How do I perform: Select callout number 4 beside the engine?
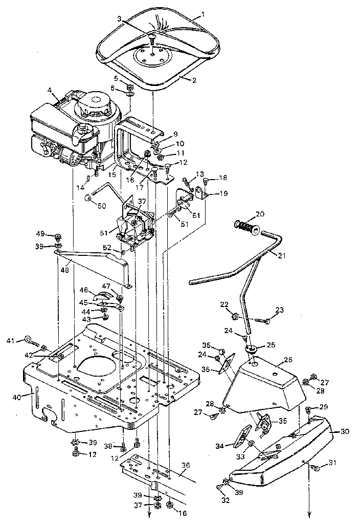click(50, 91)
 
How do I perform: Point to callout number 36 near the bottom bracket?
click(186, 465)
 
